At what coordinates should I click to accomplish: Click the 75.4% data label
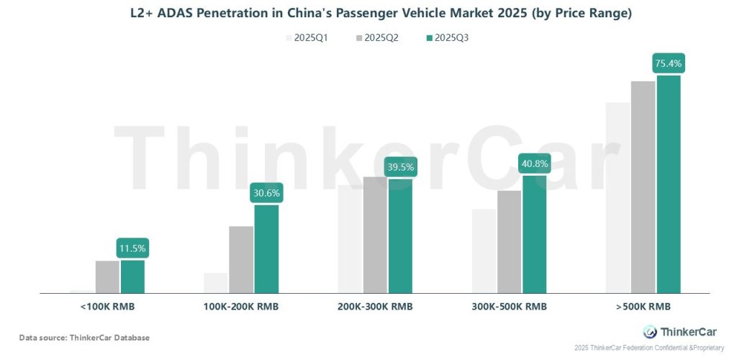point(669,63)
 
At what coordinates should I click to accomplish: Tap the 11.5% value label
point(132,248)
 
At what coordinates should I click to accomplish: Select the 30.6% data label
point(266,193)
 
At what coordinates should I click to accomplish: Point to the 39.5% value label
point(400,167)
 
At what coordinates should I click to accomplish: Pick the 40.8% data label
point(534,163)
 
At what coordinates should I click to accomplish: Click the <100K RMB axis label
point(108,307)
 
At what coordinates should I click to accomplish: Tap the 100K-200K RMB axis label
point(241,307)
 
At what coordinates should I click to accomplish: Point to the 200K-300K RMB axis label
point(375,307)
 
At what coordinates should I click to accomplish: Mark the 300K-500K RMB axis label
point(509,307)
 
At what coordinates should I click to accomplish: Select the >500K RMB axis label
point(643,307)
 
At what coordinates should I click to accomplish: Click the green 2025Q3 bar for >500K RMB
point(668,184)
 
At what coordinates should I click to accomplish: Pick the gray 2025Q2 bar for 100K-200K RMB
point(241,260)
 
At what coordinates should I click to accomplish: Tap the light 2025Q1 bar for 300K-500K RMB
point(484,251)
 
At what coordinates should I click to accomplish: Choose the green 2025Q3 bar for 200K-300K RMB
point(400,235)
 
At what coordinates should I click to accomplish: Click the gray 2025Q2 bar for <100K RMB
point(107,277)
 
